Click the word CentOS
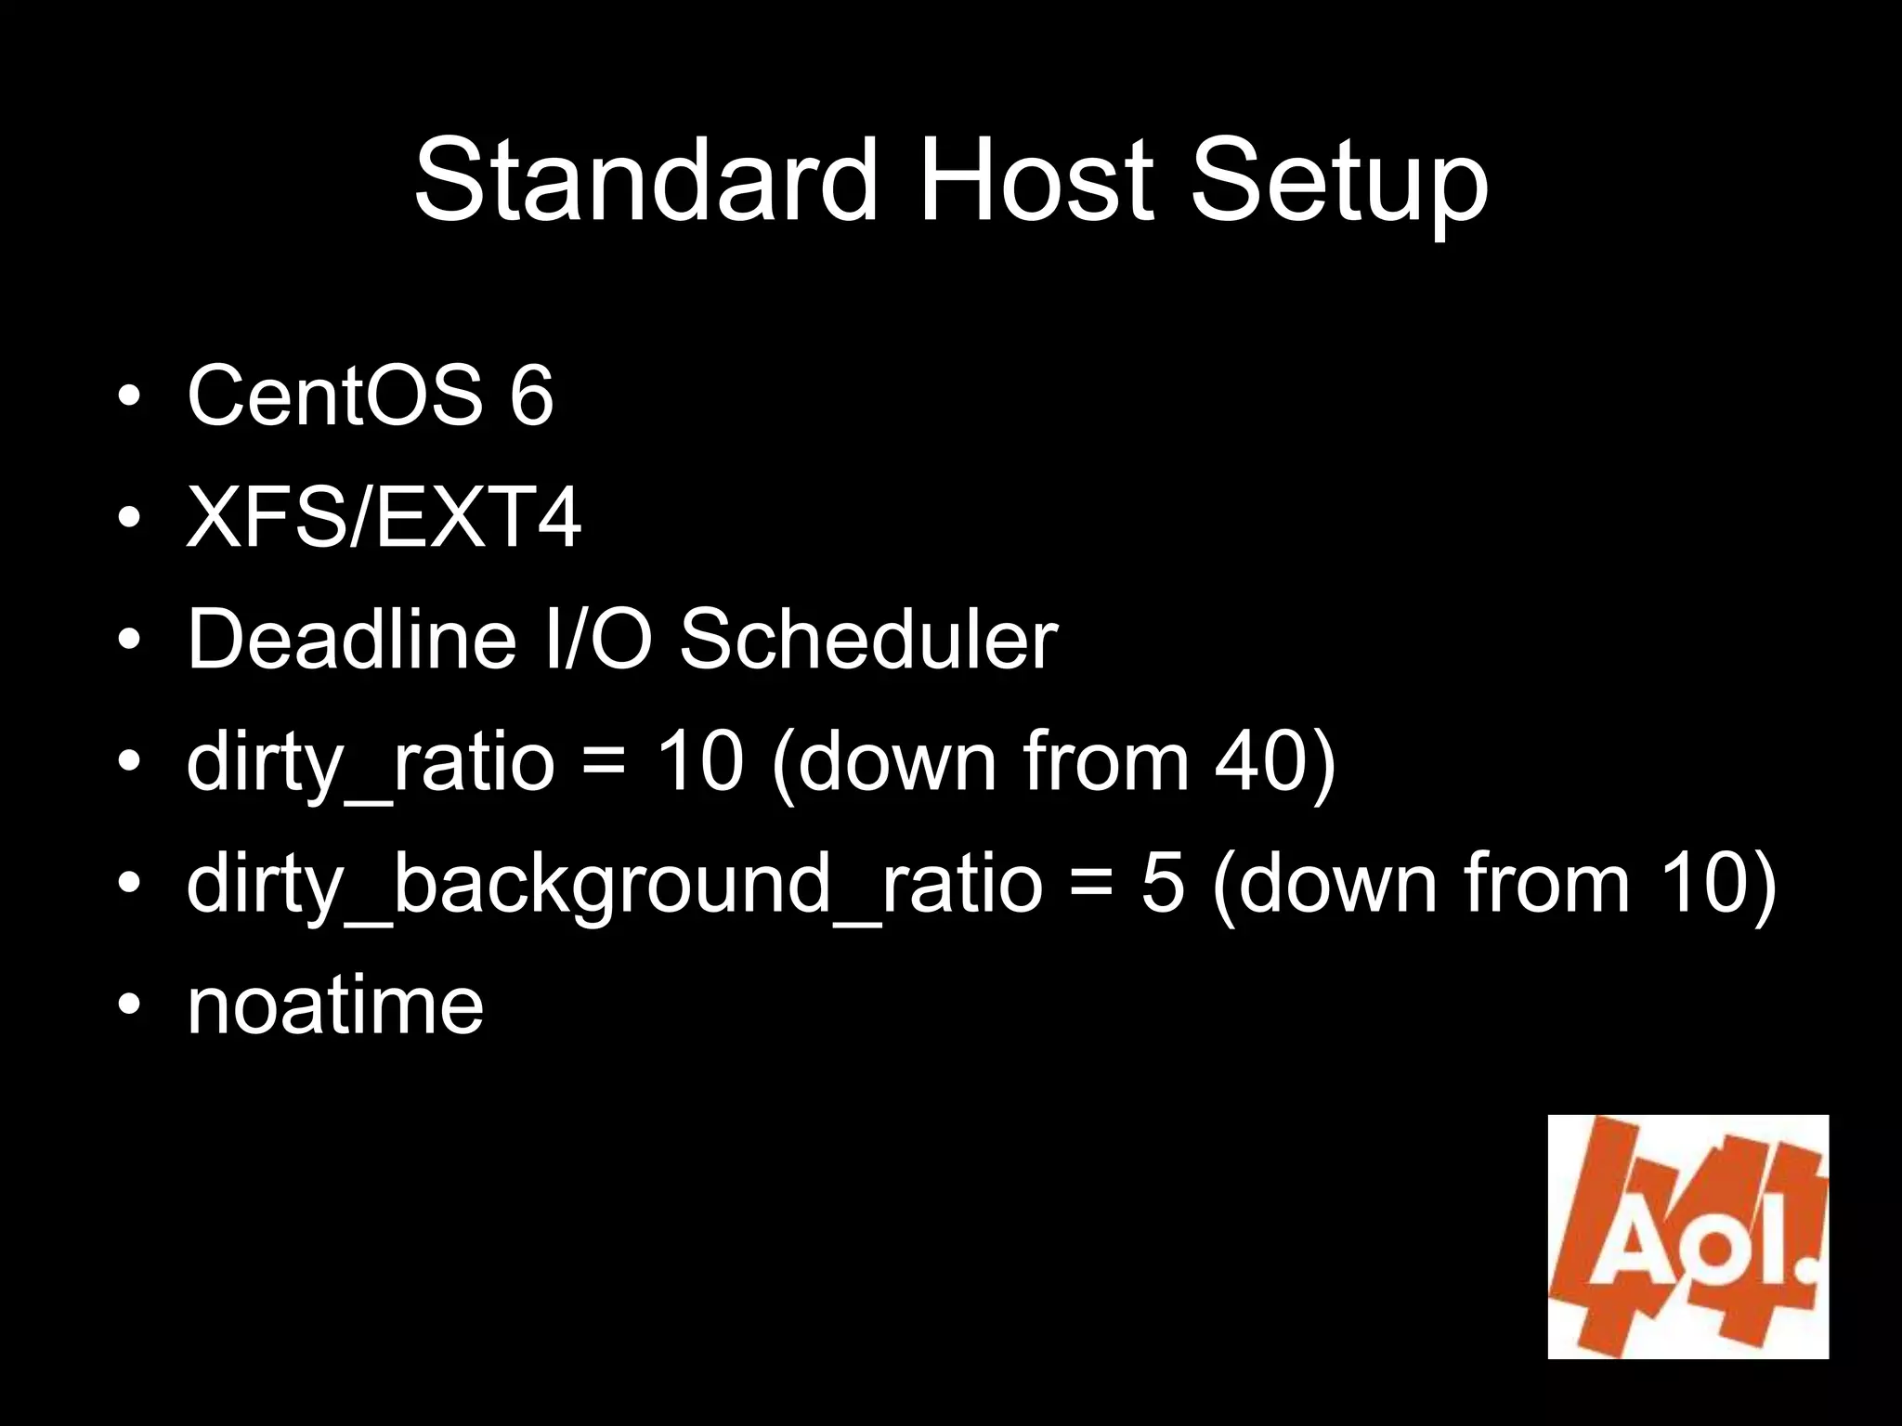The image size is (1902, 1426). (x=334, y=395)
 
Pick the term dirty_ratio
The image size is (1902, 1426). (x=370, y=763)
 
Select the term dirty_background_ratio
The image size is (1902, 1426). (x=614, y=885)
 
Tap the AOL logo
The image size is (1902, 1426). (x=1687, y=1237)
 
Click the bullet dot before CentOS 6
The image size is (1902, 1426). (x=129, y=397)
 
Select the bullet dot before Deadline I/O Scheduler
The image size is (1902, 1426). (x=129, y=641)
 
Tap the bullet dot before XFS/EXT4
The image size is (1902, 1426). (x=129, y=519)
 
